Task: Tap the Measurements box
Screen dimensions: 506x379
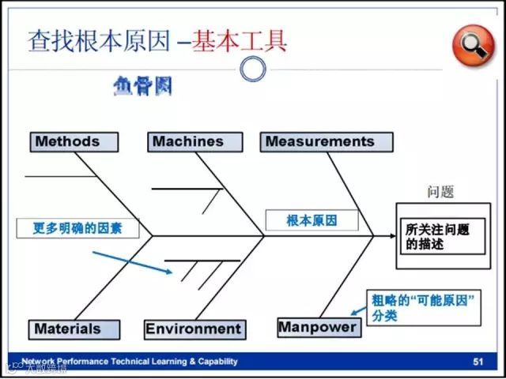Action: (327, 142)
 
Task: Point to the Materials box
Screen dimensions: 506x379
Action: (75, 329)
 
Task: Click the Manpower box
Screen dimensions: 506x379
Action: (318, 327)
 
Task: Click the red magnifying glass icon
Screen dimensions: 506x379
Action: (472, 45)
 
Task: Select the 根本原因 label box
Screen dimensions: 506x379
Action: (312, 220)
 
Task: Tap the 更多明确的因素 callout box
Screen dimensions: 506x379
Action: (75, 228)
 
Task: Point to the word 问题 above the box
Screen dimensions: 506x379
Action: (440, 192)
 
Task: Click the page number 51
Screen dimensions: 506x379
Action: (478, 362)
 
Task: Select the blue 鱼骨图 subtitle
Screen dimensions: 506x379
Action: (142, 86)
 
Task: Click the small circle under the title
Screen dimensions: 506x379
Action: (252, 70)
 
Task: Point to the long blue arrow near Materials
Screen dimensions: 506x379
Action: (132, 263)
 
